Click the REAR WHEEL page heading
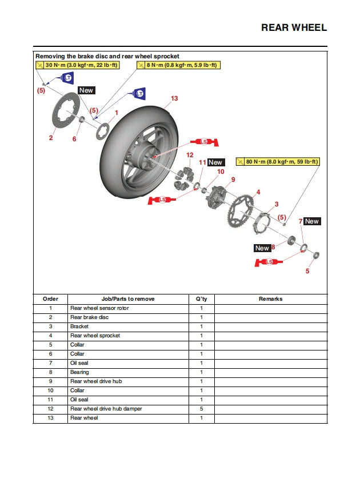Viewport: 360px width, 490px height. pos(294,27)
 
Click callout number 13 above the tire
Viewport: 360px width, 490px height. pos(174,98)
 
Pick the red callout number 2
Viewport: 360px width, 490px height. pos(50,138)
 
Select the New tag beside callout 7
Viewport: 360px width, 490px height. pos(312,221)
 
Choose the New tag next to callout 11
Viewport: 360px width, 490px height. pos(215,162)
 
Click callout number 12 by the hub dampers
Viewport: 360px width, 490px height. pos(190,155)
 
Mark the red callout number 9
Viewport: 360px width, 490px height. pos(233,180)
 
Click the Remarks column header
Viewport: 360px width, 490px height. pos(271,299)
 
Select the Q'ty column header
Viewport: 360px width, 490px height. pos(201,299)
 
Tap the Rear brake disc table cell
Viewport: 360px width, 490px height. pos(89,317)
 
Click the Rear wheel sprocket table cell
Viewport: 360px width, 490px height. pos(95,336)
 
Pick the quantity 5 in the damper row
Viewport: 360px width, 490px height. pos(201,409)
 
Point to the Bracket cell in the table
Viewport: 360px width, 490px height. pos(79,326)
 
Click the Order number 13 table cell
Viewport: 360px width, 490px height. pos(50,418)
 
